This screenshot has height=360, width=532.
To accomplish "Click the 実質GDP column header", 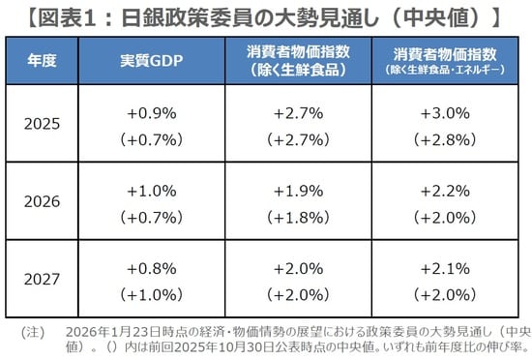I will coord(151,60).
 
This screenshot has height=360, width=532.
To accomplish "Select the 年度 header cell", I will coord(43,60).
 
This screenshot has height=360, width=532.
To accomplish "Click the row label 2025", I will coord(43,124).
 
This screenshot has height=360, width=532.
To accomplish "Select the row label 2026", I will coord(43,202).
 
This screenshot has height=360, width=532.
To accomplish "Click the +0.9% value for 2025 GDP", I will coord(151,113).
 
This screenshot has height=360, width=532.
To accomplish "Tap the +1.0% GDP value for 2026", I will coord(151,191).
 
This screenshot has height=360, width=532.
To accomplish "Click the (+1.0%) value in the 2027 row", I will coord(151,294).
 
